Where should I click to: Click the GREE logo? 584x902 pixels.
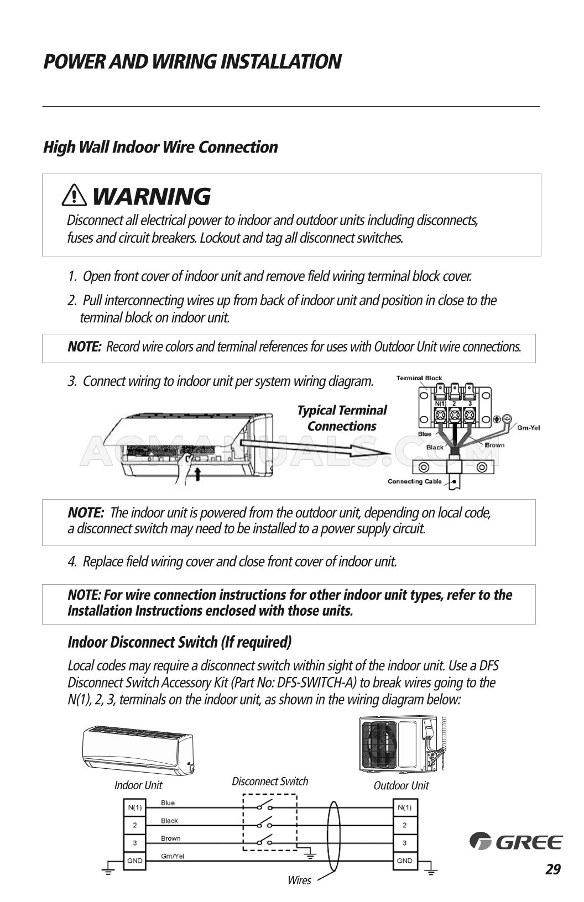tap(515, 842)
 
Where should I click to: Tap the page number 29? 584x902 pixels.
tap(552, 869)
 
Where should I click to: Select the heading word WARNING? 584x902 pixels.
tap(151, 196)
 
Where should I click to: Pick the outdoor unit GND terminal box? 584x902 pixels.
tap(404, 861)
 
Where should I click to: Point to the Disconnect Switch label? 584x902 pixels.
tap(270, 781)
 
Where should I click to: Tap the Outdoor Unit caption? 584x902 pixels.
tap(401, 785)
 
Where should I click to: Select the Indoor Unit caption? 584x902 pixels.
tap(138, 785)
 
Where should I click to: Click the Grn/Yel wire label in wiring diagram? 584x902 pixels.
tap(173, 856)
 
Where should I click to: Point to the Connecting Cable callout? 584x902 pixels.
tap(415, 481)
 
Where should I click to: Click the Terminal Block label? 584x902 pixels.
tap(419, 378)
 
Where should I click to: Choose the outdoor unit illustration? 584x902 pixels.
tap(401, 746)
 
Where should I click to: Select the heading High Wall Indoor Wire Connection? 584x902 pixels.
tap(160, 147)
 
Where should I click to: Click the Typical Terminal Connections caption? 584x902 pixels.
tap(342, 418)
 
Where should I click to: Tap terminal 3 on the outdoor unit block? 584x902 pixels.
tap(404, 843)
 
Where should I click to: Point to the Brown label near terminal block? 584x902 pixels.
tap(494, 445)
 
